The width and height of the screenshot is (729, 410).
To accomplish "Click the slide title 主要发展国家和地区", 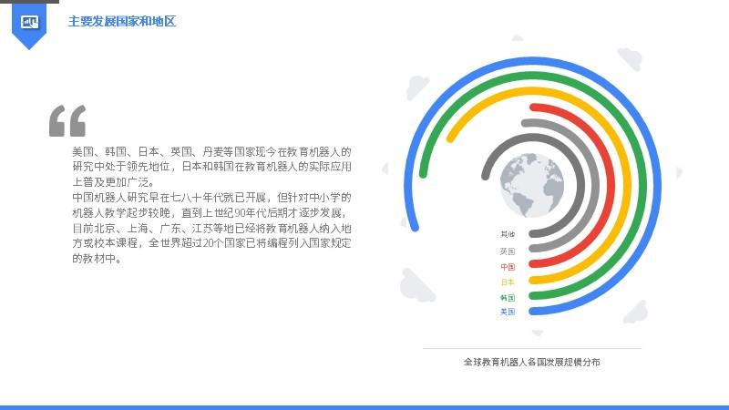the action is tap(122, 21).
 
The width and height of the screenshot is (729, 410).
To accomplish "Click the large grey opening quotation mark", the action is tap(67, 121).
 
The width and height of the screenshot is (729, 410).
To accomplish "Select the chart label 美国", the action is tap(508, 312).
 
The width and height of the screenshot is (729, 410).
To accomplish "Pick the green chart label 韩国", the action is tap(508, 298).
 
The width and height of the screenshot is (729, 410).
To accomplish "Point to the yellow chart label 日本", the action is tap(508, 282).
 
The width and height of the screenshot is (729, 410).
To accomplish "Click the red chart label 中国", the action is tap(508, 267).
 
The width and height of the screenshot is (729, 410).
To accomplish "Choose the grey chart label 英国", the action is tap(508, 251).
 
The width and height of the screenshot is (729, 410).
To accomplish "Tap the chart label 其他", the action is tap(508, 234).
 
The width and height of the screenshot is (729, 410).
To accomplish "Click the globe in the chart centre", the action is tap(532, 185).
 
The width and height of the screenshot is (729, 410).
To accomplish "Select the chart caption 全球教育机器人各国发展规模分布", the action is tap(531, 362).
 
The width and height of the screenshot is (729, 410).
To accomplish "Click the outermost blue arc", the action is tap(657, 186).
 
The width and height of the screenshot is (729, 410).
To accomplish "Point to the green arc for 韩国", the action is tap(642, 186).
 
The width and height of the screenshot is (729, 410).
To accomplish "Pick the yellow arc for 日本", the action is tap(628, 186).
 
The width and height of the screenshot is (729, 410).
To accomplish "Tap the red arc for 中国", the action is tap(611, 186).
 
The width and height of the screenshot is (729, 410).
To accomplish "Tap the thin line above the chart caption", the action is tap(532, 348).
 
